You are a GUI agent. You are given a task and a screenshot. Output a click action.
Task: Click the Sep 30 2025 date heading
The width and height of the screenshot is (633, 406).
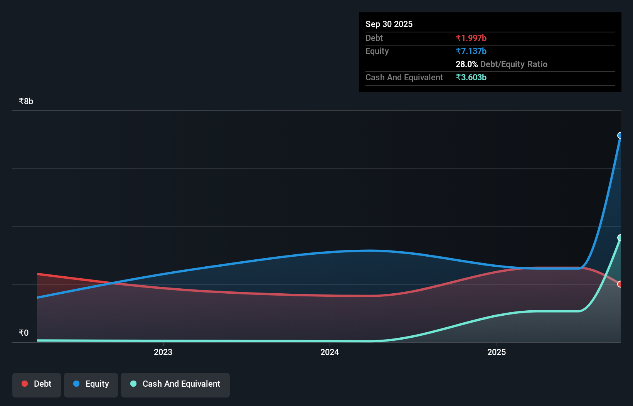click(x=389, y=24)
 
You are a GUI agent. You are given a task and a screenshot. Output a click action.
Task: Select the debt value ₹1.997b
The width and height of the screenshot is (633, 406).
click(x=471, y=38)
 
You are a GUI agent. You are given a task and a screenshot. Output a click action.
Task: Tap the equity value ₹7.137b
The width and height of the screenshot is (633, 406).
click(x=471, y=51)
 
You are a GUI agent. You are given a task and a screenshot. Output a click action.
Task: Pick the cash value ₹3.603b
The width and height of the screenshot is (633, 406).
click(x=471, y=77)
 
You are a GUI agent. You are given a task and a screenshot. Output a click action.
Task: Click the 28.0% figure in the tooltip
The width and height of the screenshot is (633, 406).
click(x=466, y=64)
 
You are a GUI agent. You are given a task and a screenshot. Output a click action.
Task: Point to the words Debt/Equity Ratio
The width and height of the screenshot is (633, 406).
click(x=513, y=64)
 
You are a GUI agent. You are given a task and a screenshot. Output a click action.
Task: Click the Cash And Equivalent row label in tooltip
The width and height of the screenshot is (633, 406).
click(x=404, y=77)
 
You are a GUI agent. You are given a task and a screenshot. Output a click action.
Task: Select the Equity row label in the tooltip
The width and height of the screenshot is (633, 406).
click(x=377, y=51)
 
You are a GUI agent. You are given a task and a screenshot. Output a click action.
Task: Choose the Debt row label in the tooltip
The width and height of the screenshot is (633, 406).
click(x=374, y=38)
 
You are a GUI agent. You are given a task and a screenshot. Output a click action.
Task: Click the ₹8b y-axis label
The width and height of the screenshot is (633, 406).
click(x=26, y=101)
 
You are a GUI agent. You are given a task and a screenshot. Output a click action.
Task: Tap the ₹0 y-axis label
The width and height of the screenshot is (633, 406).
click(x=24, y=333)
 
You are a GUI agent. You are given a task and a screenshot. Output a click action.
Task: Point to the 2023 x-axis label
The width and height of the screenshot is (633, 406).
click(x=163, y=352)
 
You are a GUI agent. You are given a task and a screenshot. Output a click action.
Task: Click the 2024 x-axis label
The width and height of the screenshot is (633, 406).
click(x=330, y=352)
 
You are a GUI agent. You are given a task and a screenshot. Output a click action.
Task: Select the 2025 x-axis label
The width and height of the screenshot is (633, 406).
click(x=496, y=352)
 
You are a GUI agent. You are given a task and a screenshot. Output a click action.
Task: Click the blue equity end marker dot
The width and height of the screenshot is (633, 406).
click(x=620, y=135)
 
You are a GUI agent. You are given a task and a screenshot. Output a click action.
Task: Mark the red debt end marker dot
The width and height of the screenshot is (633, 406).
click(x=620, y=284)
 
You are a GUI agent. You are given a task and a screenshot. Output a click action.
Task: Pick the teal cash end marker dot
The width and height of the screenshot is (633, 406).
click(x=620, y=238)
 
